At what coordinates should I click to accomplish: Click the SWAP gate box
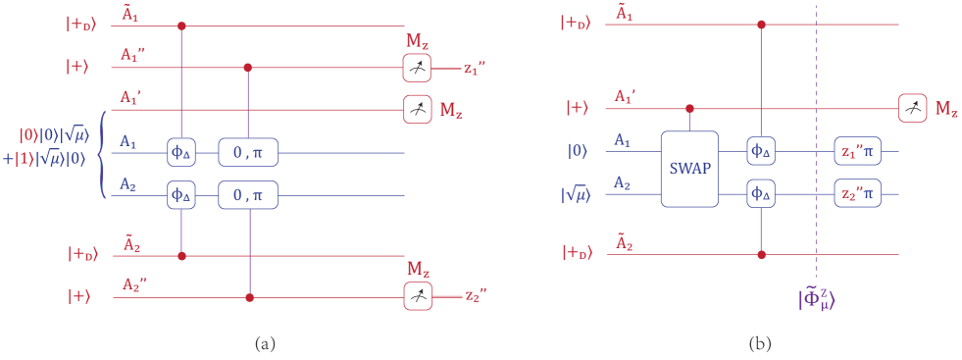point(689,168)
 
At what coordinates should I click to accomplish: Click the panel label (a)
point(265,343)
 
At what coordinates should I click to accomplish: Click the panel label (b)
point(761,343)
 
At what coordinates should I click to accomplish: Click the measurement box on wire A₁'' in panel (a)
point(418,69)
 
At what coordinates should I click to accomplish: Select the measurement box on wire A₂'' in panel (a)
point(418,296)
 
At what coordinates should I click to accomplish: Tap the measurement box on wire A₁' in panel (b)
point(912,108)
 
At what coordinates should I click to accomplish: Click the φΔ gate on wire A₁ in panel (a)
point(182,152)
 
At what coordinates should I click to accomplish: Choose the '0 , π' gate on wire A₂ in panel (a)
point(248,194)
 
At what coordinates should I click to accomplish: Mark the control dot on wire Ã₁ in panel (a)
point(181,26)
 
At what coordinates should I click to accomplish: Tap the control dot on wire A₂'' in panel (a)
point(248,296)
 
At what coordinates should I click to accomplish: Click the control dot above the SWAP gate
point(689,108)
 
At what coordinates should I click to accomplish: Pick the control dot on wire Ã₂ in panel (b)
point(762,254)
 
